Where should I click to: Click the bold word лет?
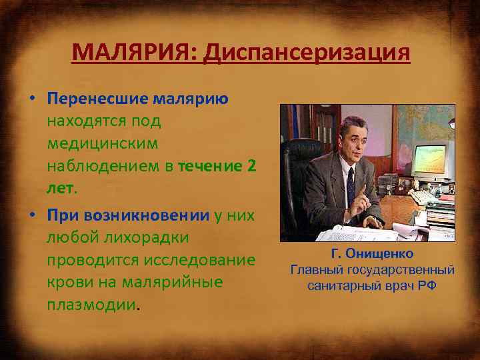tap(60, 188)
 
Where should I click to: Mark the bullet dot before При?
tap(31, 215)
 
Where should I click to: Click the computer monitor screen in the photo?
tap(432, 159)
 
